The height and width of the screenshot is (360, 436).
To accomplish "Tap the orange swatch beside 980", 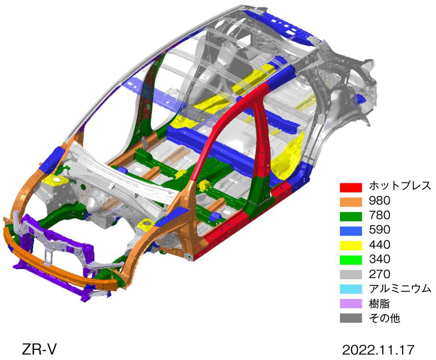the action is [x=351, y=202].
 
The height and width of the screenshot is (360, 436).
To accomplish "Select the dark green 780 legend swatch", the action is [x=351, y=216].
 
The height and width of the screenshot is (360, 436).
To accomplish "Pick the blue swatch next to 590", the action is [x=351, y=231].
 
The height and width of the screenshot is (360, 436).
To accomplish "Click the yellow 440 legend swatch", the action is [x=351, y=246].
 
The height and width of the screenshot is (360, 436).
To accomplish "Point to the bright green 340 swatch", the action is [x=351, y=260].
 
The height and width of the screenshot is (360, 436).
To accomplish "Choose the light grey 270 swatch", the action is [x=351, y=274].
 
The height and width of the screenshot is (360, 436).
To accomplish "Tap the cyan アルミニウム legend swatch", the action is [x=351, y=289].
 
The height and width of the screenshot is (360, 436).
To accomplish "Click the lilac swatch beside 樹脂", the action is [x=351, y=303].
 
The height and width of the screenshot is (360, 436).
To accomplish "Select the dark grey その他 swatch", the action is [x=351, y=318].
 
